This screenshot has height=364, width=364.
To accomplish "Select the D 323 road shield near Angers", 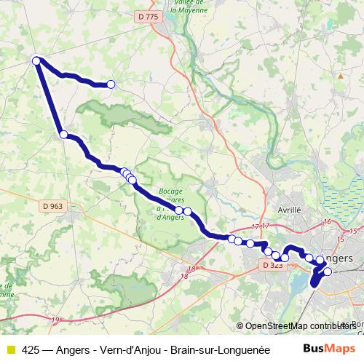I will pyautogui.click(x=272, y=266).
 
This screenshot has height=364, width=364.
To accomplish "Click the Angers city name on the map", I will pyautogui.click(x=338, y=258).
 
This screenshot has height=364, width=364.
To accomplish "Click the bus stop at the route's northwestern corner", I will pyautogui.click(x=36, y=60).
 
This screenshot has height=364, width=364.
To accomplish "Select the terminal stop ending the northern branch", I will pyautogui.click(x=111, y=84).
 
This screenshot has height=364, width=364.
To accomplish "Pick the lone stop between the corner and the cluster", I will pyautogui.click(x=64, y=134).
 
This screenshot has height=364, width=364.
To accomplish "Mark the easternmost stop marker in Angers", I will pyautogui.click(x=327, y=272).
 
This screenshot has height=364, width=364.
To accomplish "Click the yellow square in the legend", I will pyautogui.click(x=10, y=349).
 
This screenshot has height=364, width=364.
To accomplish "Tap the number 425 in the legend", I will pyautogui.click(x=31, y=349).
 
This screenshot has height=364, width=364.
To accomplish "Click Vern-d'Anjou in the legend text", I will pyautogui.click(x=129, y=349).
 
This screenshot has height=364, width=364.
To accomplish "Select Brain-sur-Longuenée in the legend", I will pyautogui.click(x=219, y=349).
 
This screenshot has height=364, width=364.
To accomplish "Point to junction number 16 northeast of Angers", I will pyautogui.click(x=328, y=221).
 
